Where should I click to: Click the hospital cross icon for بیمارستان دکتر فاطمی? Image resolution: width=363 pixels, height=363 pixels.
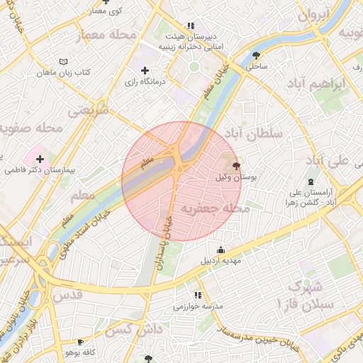click(x=40, y=160)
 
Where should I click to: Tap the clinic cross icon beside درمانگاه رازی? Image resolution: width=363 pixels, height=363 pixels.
click(x=145, y=70)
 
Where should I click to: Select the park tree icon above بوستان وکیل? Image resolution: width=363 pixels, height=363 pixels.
click(x=236, y=165)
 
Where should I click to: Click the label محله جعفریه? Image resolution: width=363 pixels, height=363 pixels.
click(x=216, y=209)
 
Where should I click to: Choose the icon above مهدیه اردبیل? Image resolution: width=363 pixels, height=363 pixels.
click(x=221, y=250)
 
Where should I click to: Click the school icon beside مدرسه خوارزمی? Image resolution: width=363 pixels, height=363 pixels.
click(x=198, y=295)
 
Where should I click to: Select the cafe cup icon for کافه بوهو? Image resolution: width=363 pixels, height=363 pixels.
click(x=80, y=342)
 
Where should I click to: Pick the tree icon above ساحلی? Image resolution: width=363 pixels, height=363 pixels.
click(x=256, y=55)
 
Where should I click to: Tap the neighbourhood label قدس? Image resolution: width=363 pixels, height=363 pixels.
click(x=68, y=294)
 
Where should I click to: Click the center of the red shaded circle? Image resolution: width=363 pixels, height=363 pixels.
click(x=177, y=181)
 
